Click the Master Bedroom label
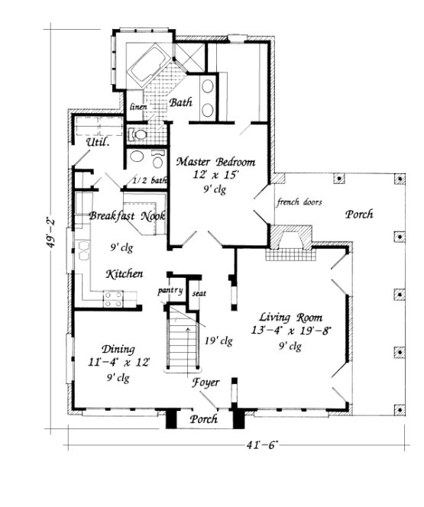tap(215, 163)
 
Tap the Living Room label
tap(290, 317)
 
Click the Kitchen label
tap(123, 273)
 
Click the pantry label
tap(170, 291)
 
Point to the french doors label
tap(299, 202)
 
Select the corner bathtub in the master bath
tap(151, 64)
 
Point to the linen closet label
tap(138, 107)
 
